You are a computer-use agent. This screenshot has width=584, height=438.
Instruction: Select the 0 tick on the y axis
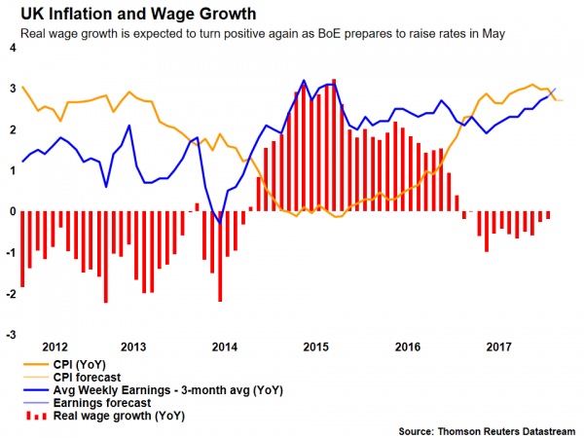[x=11, y=211]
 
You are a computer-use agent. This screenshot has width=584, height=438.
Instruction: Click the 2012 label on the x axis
[x=55, y=347]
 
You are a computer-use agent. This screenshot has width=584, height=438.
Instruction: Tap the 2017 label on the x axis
[x=498, y=347]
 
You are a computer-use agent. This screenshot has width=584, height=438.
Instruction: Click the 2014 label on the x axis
[x=224, y=347]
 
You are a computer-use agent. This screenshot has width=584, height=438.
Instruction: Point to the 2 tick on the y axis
[x=11, y=129]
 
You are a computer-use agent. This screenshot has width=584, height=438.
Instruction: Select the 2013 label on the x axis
[x=133, y=347]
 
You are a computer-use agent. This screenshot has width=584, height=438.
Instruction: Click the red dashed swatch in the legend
[x=34, y=416]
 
